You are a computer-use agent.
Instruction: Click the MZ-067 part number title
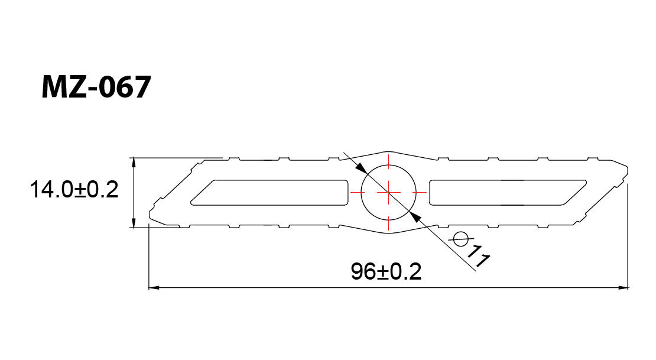[x=96, y=87]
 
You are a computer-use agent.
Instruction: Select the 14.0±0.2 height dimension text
[x=74, y=190]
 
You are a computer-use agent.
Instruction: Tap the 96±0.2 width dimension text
[x=386, y=272]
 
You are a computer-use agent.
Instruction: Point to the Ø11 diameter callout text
[x=471, y=249]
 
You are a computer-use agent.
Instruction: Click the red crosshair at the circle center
[x=389, y=192]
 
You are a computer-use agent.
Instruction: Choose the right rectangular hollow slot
[x=508, y=193]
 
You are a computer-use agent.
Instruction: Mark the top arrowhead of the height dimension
[x=134, y=163]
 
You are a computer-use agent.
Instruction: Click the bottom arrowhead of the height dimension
[x=134, y=223]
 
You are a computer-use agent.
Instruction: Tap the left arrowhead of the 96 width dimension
[x=154, y=287]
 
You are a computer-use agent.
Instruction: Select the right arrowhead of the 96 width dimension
[x=623, y=287]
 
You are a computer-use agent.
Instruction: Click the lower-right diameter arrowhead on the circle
[x=415, y=216]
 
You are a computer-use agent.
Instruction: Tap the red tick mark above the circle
[x=389, y=161]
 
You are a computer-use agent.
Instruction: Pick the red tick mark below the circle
[x=389, y=223]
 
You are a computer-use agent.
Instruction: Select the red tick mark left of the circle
[x=358, y=192]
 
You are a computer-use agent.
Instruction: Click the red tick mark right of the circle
[x=420, y=192]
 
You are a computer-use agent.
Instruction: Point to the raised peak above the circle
[x=389, y=152]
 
